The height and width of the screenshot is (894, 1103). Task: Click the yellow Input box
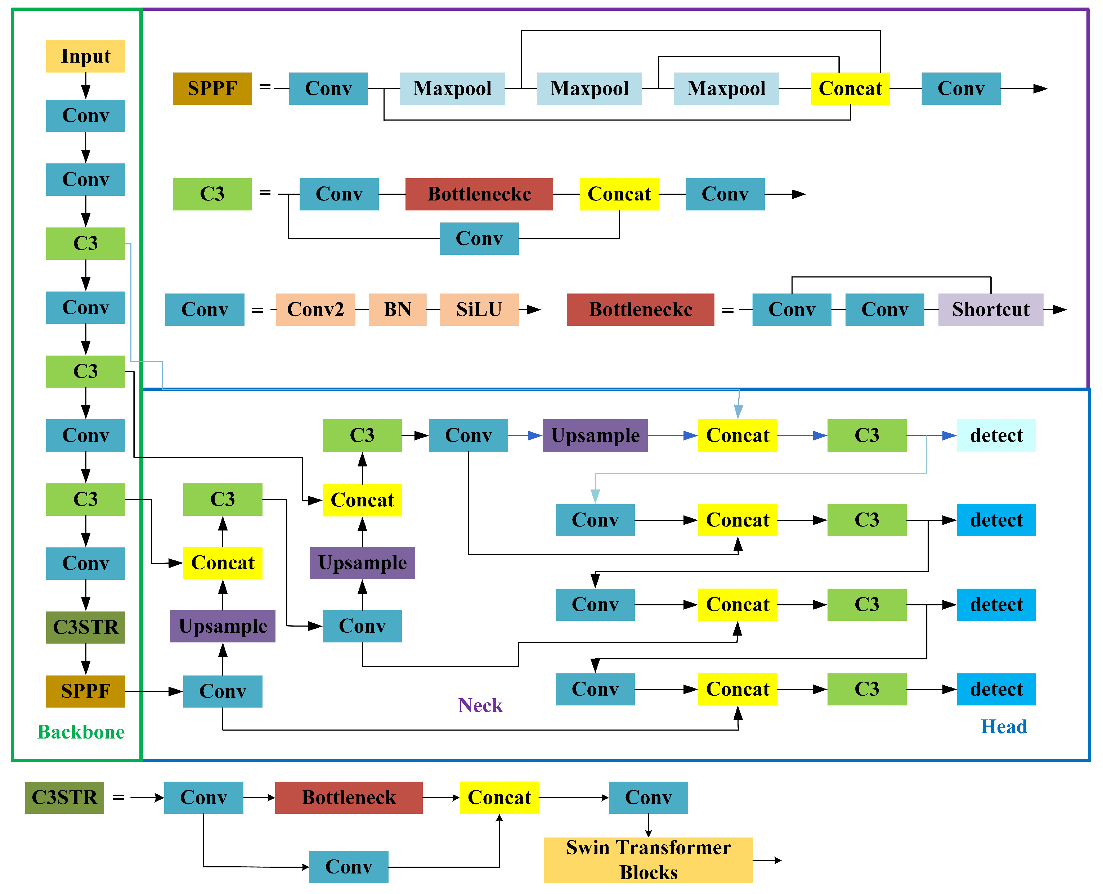pos(85,56)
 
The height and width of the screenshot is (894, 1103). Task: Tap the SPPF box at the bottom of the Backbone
pos(85,691)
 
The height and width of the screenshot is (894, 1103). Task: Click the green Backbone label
pos(81,732)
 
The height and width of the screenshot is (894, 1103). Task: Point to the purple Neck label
pos(480,705)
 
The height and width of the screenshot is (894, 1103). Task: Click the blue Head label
pos(1004,727)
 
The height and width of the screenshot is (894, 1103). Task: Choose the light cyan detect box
pos(996,435)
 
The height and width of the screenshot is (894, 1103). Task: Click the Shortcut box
pos(990,309)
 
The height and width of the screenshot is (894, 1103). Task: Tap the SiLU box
pos(479,309)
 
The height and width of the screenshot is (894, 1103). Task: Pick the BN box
pos(397,309)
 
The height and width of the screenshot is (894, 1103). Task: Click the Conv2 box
pos(315,309)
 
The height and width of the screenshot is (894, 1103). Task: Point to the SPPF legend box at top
pos(212,89)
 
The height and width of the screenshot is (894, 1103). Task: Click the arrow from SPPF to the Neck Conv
pos(154,691)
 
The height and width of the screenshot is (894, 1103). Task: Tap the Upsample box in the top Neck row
pos(595,435)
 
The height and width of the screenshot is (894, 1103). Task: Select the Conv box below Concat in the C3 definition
pos(479,238)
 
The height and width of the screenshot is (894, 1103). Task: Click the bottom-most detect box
pos(996,689)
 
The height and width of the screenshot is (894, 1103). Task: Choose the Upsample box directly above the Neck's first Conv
pos(223,626)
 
